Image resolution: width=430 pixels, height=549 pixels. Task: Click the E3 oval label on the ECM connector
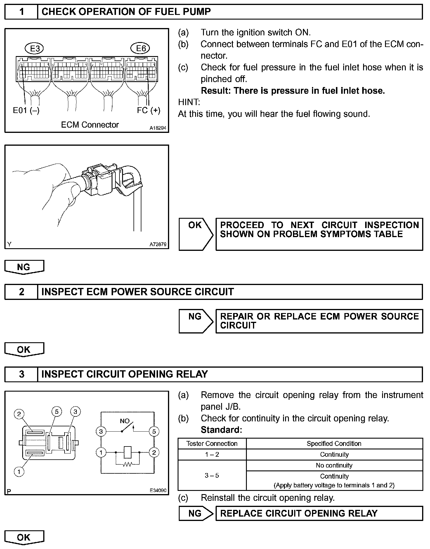35,48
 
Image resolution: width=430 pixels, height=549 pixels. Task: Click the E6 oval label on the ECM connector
141,48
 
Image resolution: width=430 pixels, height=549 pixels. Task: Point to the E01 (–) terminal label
26,110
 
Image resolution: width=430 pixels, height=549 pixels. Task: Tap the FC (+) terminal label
148,110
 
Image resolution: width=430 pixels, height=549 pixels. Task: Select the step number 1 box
21,12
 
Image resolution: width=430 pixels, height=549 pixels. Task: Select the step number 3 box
21,374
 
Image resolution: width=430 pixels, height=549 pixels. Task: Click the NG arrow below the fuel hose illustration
24,267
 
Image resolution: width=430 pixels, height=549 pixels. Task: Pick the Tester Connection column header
212,444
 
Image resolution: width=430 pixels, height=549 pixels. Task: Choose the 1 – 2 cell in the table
212,454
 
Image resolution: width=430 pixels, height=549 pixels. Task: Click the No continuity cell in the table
334,465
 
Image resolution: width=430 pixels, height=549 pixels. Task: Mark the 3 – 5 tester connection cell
212,475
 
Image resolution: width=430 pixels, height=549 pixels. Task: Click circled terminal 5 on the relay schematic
154,431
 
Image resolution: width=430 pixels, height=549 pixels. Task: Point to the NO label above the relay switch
125,421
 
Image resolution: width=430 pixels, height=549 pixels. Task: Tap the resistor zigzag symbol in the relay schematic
127,464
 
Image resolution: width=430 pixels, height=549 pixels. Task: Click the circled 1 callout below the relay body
19,472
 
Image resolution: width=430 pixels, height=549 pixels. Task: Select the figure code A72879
158,244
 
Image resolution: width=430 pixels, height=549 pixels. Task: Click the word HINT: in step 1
189,102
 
